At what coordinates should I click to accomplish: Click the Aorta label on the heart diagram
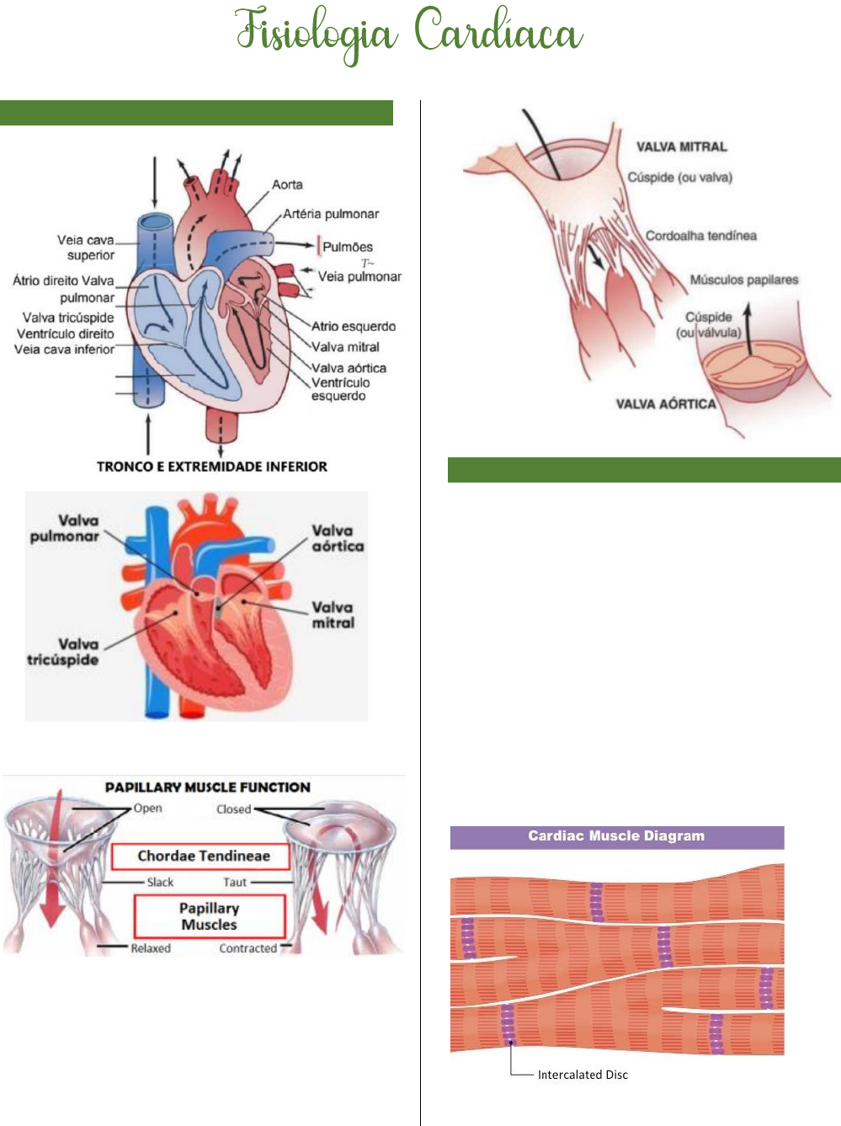coord(287,184)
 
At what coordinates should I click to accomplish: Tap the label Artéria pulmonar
coord(331,214)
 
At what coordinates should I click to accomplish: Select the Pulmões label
coord(348,247)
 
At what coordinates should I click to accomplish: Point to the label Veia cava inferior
coord(64,349)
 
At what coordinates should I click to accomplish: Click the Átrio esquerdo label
coord(353,326)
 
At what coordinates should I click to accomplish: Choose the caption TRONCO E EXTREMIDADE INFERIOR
coord(212,467)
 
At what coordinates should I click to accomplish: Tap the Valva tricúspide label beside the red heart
coord(63,652)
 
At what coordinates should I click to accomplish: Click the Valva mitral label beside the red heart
coord(333,615)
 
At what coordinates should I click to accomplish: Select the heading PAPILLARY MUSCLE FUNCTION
coord(207,787)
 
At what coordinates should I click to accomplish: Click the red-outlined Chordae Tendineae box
coord(203,856)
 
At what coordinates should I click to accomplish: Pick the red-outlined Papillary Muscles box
coord(209,916)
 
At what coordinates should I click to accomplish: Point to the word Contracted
coord(248,948)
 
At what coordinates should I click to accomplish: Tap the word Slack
coord(160,883)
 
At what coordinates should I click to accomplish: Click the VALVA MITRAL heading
coord(681,147)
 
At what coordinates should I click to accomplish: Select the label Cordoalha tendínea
coord(700,236)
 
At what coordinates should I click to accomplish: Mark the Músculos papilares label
coord(743,280)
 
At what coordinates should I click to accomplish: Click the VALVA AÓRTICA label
coord(665,404)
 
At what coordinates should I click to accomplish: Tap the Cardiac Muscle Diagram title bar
coord(616,836)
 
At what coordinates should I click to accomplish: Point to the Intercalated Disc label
coord(583,1075)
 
